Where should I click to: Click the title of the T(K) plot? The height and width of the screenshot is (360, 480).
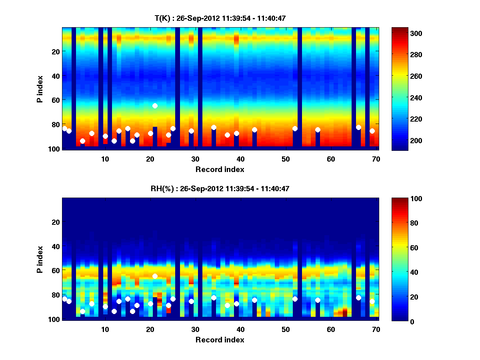pyautogui.click(x=220, y=18)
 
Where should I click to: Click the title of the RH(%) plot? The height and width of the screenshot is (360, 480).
pyautogui.click(x=220, y=188)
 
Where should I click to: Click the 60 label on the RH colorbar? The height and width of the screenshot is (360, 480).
pyautogui.click(x=402, y=248)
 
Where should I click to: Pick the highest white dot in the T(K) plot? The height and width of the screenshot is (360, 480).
pyautogui.click(x=155, y=106)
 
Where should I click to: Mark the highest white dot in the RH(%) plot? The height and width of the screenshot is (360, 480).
pyautogui.click(x=155, y=276)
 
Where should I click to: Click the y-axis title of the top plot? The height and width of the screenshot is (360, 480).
pyautogui.click(x=40, y=88)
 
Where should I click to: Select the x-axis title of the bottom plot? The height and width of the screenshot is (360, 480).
pyautogui.click(x=220, y=340)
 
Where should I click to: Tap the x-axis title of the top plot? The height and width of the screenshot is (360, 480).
pyautogui.click(x=220, y=169)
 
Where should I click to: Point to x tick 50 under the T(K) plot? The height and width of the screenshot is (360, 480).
pyautogui.click(x=286, y=159)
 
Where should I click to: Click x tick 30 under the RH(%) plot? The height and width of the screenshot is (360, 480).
pyautogui.click(x=195, y=329)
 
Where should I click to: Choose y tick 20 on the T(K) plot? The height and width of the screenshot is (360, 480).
pyautogui.click(x=55, y=52)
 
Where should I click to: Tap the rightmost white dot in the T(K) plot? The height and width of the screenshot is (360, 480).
pyautogui.click(x=372, y=131)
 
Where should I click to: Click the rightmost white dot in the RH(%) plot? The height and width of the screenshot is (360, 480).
pyautogui.click(x=372, y=301)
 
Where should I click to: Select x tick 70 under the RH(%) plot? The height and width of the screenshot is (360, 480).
pyautogui.click(x=376, y=329)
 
